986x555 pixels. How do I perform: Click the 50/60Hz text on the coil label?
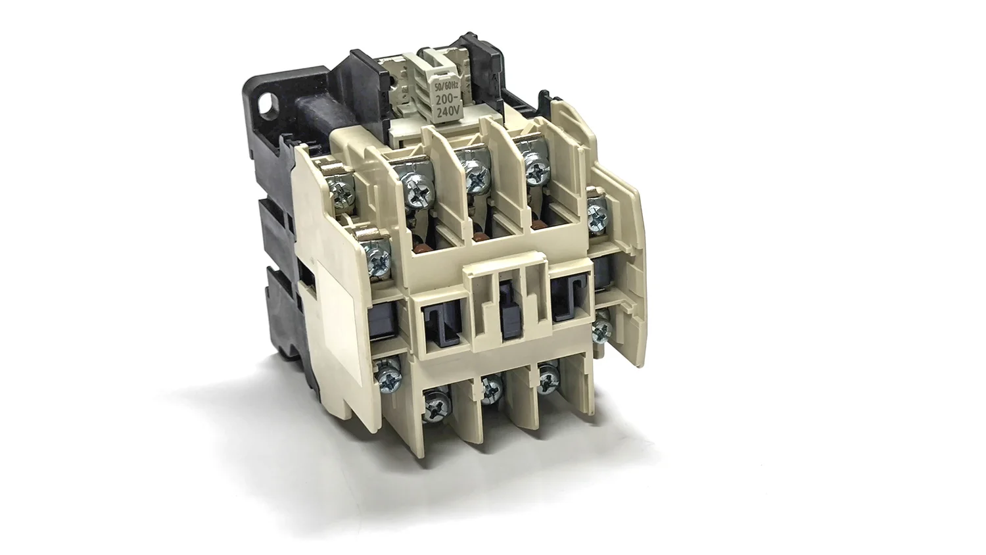tap(444, 85)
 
